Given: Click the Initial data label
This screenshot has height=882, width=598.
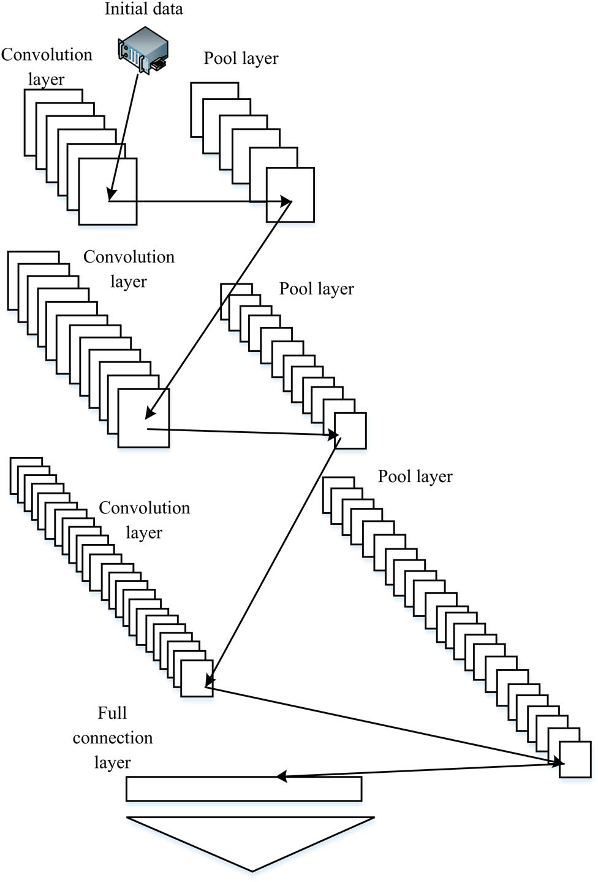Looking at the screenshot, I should point(143,9).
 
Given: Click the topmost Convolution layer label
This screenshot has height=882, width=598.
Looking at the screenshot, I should point(46,66).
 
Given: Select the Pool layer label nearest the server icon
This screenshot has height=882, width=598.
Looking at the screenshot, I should point(241,58).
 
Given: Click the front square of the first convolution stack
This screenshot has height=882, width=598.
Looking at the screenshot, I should point(108,191).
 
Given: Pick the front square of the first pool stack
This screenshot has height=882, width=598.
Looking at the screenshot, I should point(290,195).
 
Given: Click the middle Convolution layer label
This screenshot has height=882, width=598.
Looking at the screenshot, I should point(129,269).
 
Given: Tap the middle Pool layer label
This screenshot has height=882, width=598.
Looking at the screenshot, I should point(316,289).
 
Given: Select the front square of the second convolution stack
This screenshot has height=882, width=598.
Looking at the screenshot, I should point(143,418).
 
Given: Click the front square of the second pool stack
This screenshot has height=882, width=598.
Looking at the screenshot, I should point(350,431).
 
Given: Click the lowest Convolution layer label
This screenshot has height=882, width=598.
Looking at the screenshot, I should point(144,520).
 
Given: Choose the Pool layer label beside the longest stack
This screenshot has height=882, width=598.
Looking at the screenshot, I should point(415,477).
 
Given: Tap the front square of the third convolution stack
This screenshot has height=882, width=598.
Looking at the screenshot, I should point(197,678).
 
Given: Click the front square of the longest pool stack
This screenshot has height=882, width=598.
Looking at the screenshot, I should point(575,759).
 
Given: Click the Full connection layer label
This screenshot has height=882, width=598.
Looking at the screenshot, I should point(112,737).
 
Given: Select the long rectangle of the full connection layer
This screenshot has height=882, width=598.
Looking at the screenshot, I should point(244,789).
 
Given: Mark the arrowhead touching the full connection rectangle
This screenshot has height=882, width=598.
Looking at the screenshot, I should point(281,777).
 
